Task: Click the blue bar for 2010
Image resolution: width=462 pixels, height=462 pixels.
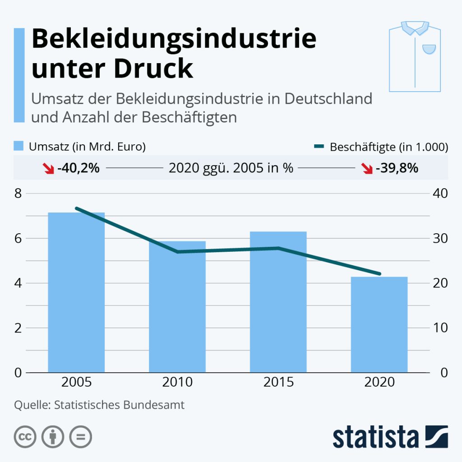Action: click(177, 307)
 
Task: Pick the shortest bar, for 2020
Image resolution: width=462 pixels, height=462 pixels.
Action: click(379, 325)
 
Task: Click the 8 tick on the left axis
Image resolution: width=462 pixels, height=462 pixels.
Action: click(18, 194)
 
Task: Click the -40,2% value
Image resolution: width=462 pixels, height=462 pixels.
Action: click(79, 168)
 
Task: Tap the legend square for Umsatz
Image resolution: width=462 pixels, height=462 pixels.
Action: click(19, 147)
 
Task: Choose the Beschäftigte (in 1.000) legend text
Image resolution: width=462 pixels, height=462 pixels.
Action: click(388, 147)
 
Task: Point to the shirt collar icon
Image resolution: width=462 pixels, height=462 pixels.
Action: click(414, 28)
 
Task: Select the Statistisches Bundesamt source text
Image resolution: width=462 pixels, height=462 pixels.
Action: click(119, 405)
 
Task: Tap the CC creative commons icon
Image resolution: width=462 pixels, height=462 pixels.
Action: click(25, 437)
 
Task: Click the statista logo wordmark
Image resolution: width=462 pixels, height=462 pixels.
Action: click(375, 437)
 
